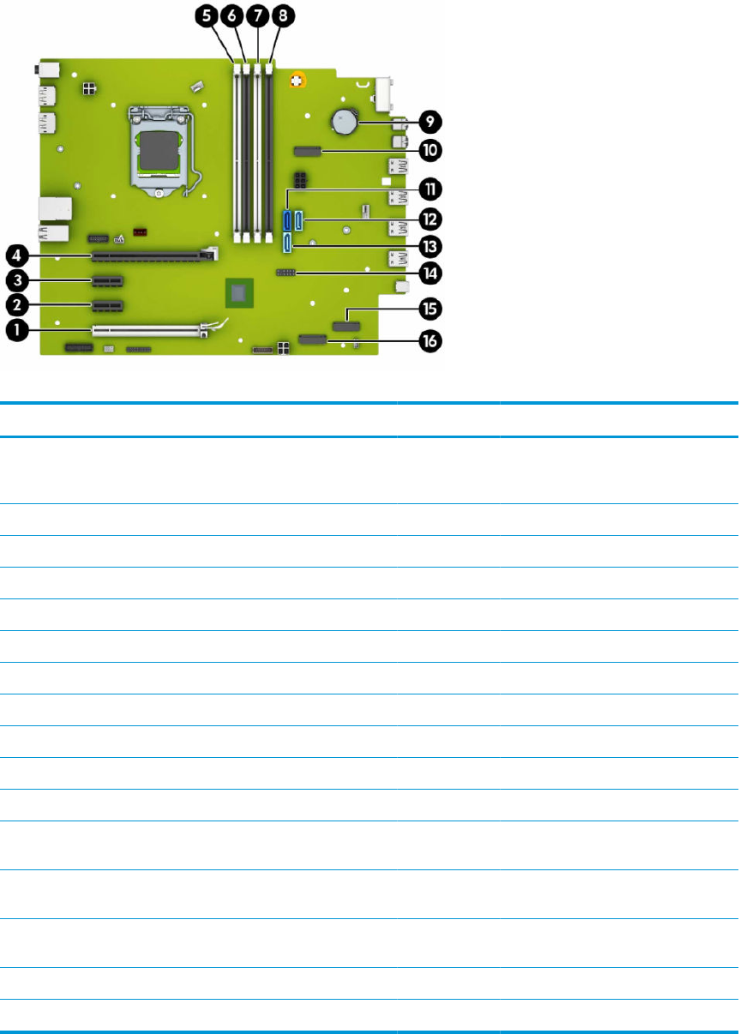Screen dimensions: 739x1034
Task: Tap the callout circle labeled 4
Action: point(15,255)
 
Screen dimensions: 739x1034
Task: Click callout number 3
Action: point(15,280)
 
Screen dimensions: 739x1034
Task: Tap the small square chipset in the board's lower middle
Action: point(240,293)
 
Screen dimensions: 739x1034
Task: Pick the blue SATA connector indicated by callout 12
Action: point(298,220)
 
